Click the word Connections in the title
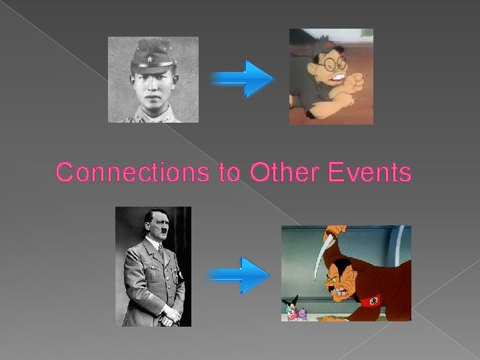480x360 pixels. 133,173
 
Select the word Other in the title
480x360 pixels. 283,173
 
